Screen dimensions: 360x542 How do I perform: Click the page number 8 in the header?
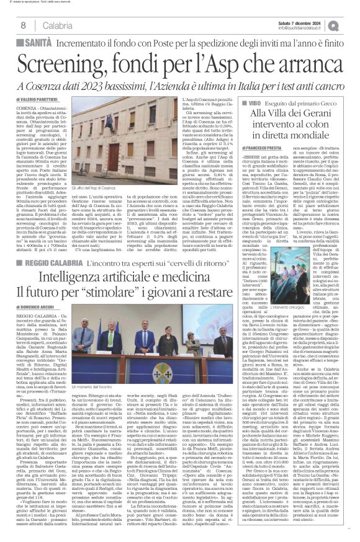(x=22, y=25)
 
